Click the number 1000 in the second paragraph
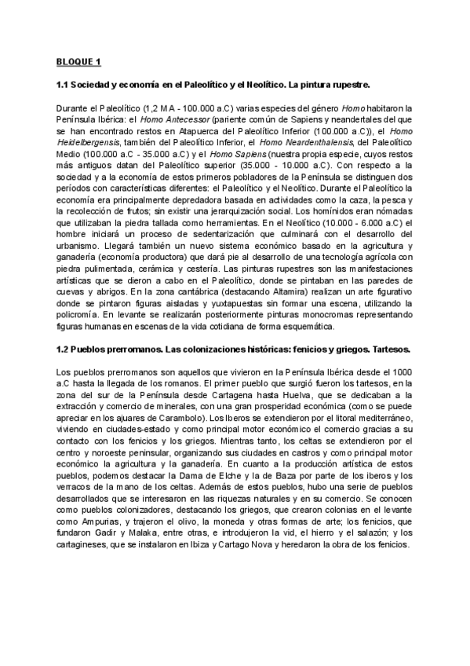click(402, 371)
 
